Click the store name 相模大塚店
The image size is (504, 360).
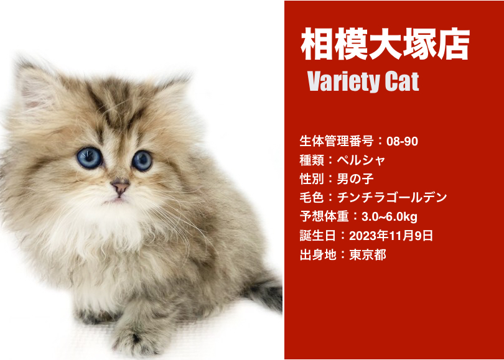pos(385,44)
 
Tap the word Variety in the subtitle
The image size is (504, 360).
pos(343,81)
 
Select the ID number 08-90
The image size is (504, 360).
pos(402,141)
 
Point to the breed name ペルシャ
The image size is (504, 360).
pos(361,160)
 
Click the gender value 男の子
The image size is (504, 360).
pos(355,178)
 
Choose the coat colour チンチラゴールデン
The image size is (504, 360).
pos(392,197)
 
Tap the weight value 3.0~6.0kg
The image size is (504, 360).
pos(390,216)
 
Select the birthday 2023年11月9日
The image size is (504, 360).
pos(391,236)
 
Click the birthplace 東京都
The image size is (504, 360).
pos(368,255)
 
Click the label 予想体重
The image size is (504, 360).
pos(324,216)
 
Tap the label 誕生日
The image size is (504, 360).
pos(318,236)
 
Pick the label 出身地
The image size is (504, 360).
pos(318,255)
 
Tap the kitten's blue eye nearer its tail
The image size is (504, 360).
pos(142,160)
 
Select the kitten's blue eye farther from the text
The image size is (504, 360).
pos(90,158)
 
